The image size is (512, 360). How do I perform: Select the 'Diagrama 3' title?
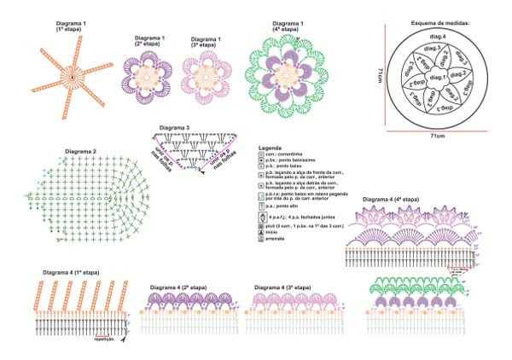point(173,128)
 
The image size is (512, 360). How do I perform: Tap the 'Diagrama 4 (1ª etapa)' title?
point(71,272)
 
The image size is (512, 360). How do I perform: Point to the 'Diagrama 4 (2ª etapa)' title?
point(179,287)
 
